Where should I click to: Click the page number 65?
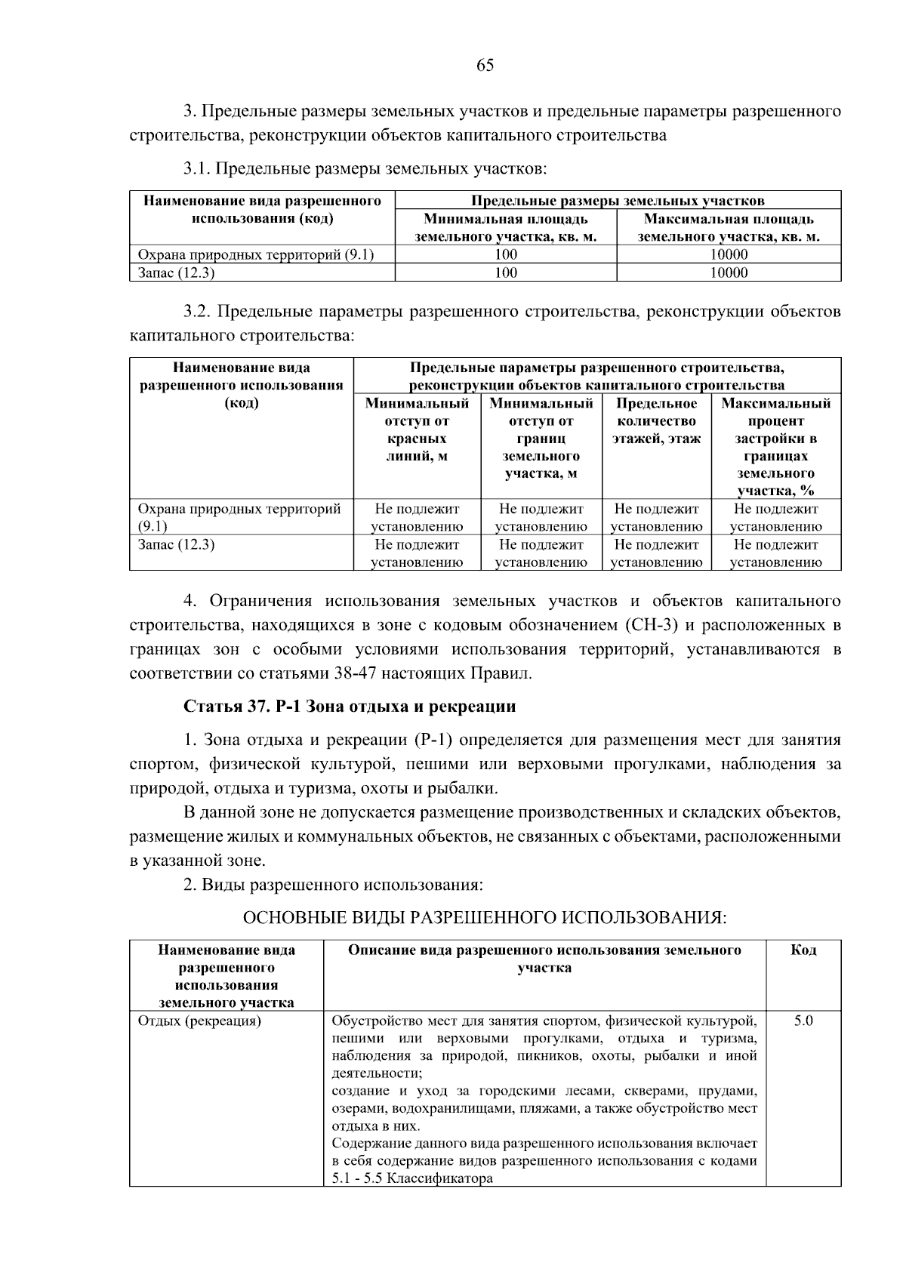pos(485,66)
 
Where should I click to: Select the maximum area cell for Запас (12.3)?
pos(729,273)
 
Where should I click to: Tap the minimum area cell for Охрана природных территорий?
pos(506,255)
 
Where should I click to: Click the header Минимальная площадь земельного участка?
pos(506,228)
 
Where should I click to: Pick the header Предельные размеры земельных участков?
pos(618,201)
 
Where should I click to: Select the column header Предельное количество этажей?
pos(656,421)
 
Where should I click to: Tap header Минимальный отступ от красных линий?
pos(417,430)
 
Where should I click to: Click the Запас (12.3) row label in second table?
pos(176,544)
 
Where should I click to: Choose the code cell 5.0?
pos(803,1021)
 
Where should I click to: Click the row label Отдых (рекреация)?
pos(199,1021)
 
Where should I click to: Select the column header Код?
pos(803,950)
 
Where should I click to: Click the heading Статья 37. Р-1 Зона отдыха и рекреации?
pos(350,707)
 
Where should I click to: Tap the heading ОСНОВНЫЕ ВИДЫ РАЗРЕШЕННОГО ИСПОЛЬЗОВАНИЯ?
pos(484,918)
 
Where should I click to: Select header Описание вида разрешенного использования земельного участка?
pos(544,959)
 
